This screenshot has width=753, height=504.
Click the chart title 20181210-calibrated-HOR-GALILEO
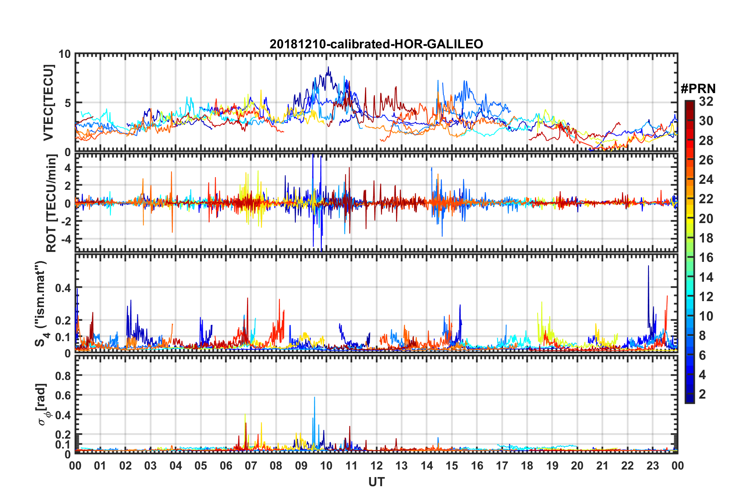pyautogui.click(x=376, y=44)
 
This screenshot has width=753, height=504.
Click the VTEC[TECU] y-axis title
pyautogui.click(x=48, y=103)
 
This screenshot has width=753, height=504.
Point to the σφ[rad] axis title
pyautogui.click(x=43, y=404)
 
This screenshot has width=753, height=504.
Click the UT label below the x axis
pyautogui.click(x=376, y=482)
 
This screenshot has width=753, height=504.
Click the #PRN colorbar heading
pyautogui.click(x=698, y=89)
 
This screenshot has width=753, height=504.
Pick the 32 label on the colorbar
pyautogui.click(x=706, y=102)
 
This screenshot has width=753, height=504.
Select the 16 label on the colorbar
pyautogui.click(x=706, y=258)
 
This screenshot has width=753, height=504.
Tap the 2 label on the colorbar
pyautogui.click(x=702, y=394)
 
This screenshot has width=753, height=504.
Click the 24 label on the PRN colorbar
pyautogui.click(x=706, y=180)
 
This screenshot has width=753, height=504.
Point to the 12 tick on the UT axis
pyautogui.click(x=376, y=466)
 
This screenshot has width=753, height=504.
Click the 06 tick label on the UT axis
pyautogui.click(x=226, y=466)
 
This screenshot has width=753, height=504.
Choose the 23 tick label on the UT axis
pyautogui.click(x=652, y=466)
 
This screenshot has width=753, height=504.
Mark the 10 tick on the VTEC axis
pyautogui.click(x=65, y=54)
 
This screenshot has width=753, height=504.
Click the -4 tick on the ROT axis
pyautogui.click(x=66, y=239)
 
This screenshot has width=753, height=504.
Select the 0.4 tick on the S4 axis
pyautogui.click(x=63, y=288)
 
